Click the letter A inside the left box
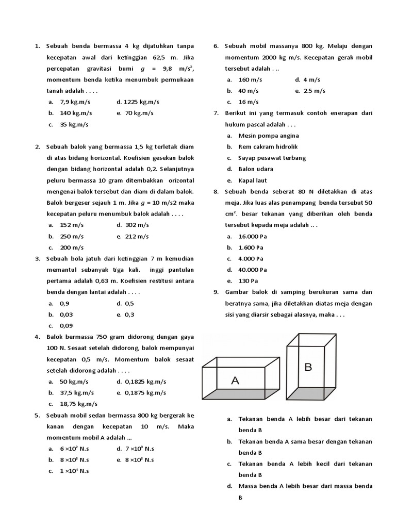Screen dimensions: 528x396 [235, 381]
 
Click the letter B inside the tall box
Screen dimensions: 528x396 [308, 367]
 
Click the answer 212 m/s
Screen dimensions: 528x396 [136, 236]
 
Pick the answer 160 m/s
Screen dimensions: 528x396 [251, 79]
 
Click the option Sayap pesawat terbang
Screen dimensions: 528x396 [272, 158]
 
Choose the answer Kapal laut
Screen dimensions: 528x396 [252, 180]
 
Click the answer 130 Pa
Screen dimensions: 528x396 [248, 281]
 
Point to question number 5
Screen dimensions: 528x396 [38, 415]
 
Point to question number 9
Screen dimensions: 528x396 [216, 292]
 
